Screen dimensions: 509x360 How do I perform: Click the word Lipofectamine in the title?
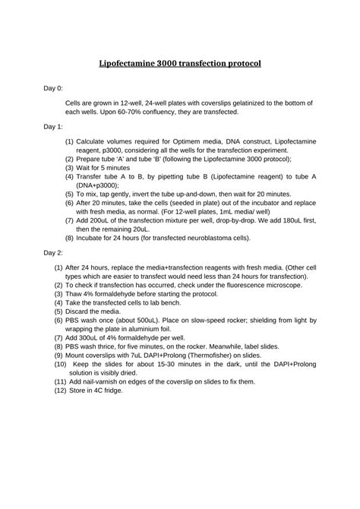click(131, 65)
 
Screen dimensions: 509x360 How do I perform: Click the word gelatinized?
click(231, 101)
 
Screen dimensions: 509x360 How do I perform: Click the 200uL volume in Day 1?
click(123, 217)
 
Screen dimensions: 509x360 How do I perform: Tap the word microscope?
click(279, 285)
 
